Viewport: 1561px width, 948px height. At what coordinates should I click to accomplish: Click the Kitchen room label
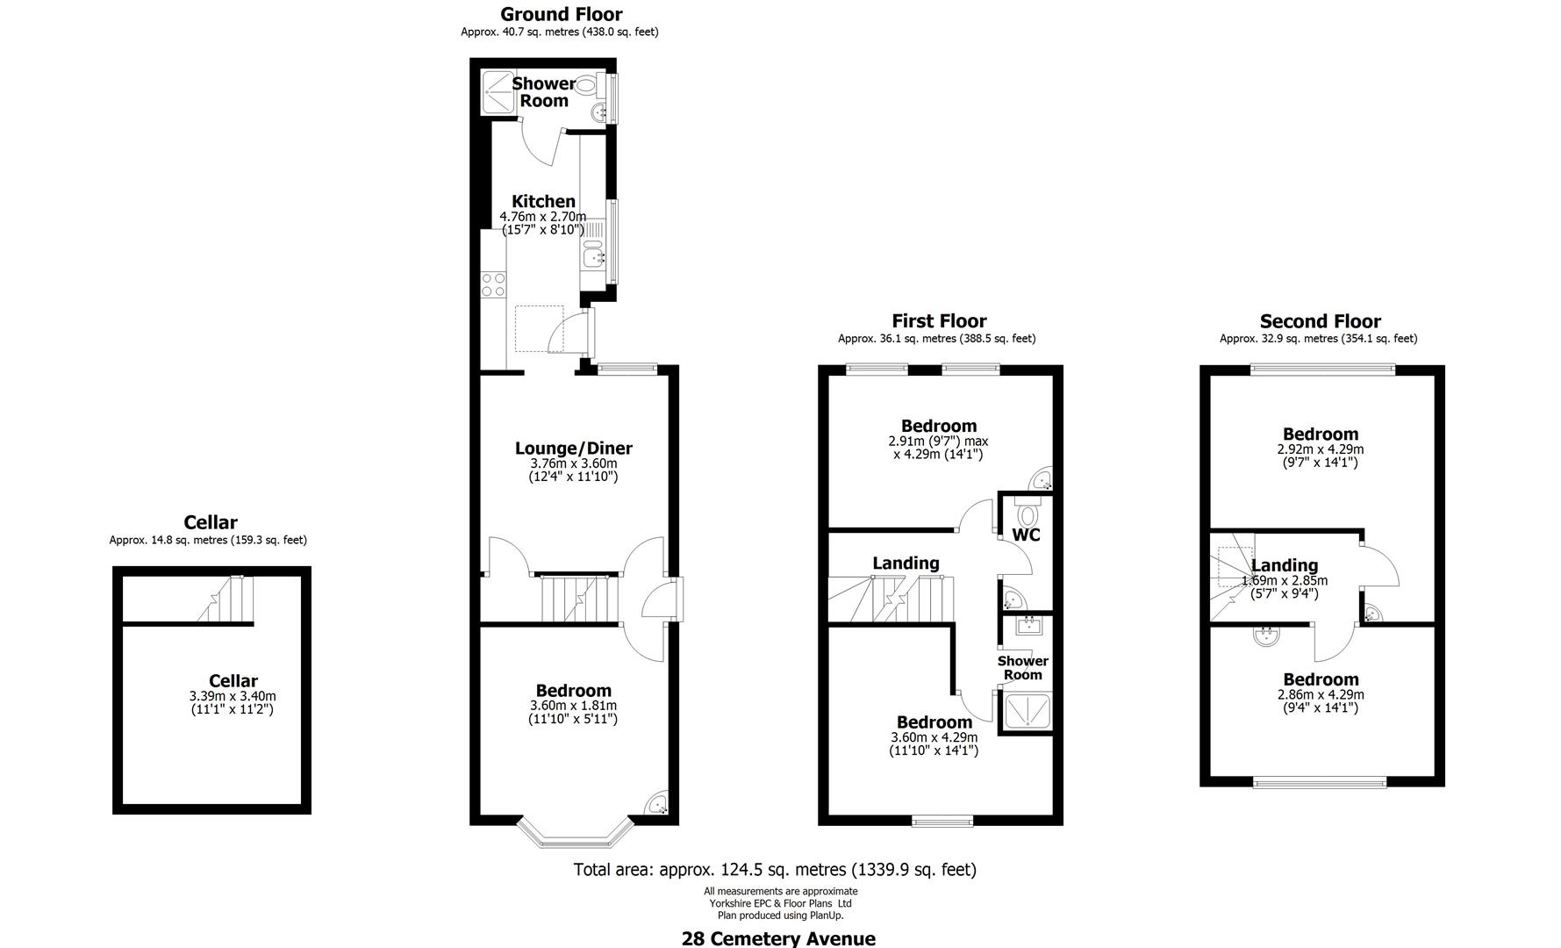click(543, 201)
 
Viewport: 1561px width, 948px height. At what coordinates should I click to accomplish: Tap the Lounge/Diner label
click(573, 449)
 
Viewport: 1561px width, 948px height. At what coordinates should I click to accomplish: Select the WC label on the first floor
click(1026, 535)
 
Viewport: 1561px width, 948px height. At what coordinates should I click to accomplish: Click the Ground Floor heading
click(561, 14)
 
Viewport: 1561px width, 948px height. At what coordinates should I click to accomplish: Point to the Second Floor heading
click(1320, 321)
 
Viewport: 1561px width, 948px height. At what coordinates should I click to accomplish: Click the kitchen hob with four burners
click(493, 284)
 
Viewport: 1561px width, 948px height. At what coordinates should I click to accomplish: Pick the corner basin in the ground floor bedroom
click(656, 804)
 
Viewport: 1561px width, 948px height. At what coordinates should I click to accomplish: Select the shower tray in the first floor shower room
click(1024, 711)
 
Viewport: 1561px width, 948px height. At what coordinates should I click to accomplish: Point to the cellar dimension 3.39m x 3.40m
click(233, 696)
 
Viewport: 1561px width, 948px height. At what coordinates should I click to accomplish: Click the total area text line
click(774, 870)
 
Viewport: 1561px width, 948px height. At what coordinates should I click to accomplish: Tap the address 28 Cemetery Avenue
click(778, 938)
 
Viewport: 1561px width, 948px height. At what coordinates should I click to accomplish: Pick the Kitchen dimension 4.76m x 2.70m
click(543, 217)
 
